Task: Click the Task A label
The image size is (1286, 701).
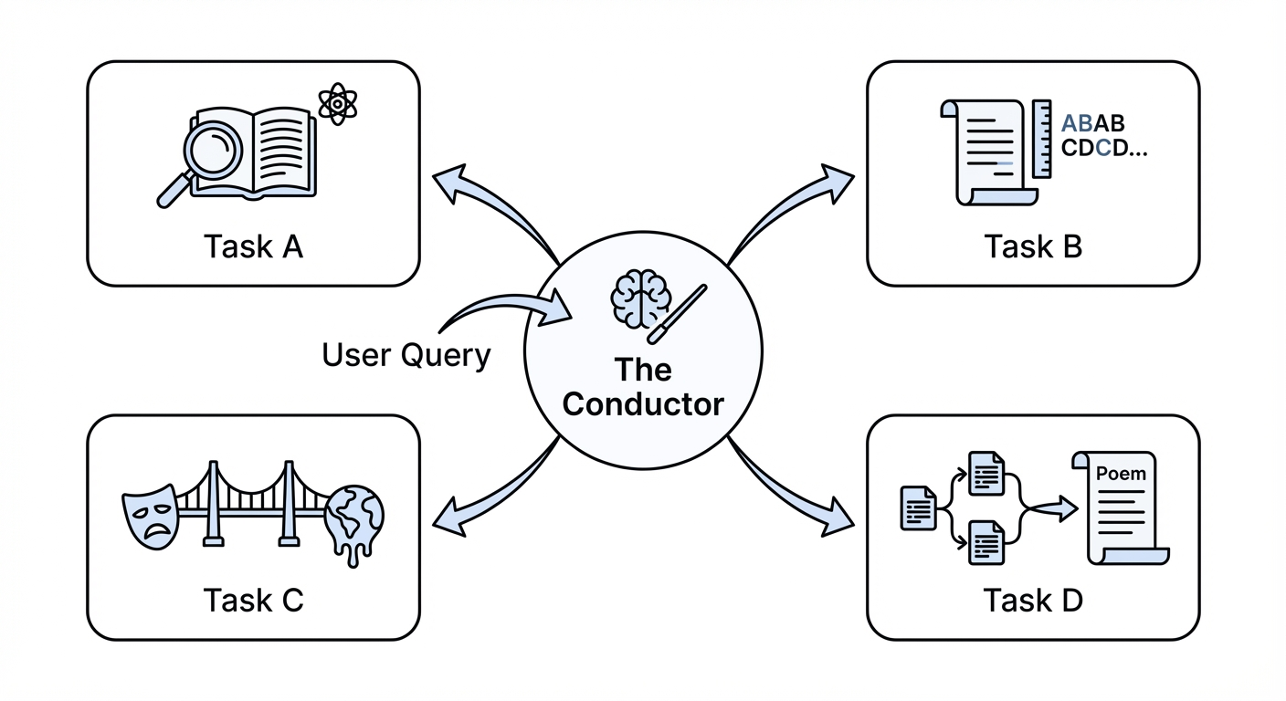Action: point(253,246)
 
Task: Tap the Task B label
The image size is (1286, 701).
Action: point(1033,246)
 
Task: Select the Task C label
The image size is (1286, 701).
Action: point(253,600)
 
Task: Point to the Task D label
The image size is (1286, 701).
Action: point(1033,600)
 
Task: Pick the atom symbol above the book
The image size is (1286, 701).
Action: point(338,105)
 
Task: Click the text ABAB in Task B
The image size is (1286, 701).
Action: point(1093,123)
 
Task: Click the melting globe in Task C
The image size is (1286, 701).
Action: point(354,521)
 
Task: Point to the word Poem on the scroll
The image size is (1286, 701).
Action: point(1121,474)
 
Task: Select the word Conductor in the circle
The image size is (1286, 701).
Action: point(643,403)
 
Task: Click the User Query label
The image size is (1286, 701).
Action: point(406,354)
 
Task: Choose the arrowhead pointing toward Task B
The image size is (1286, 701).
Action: point(835,181)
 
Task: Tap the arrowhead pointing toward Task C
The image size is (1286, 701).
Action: point(448,518)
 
